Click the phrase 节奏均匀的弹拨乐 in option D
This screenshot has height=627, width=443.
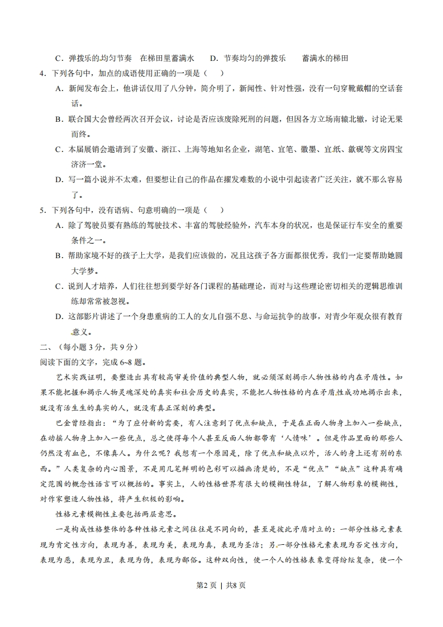pyautogui.click(x=254, y=58)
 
